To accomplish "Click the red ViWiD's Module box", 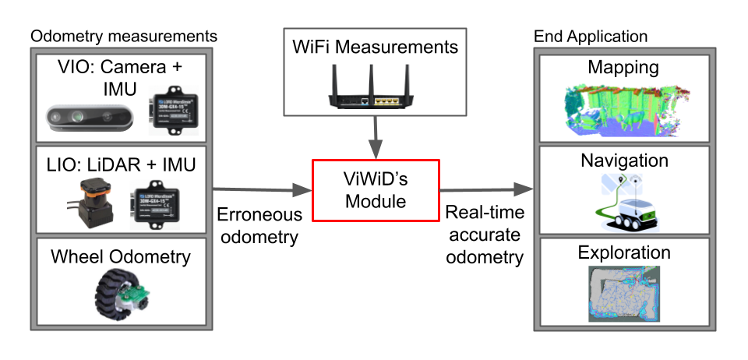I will pyautogui.click(x=376, y=191).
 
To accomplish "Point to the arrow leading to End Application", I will pyautogui.click(x=487, y=189).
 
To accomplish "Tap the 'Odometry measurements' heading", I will pyautogui.click(x=123, y=36).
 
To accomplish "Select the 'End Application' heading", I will pyautogui.click(x=590, y=36).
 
